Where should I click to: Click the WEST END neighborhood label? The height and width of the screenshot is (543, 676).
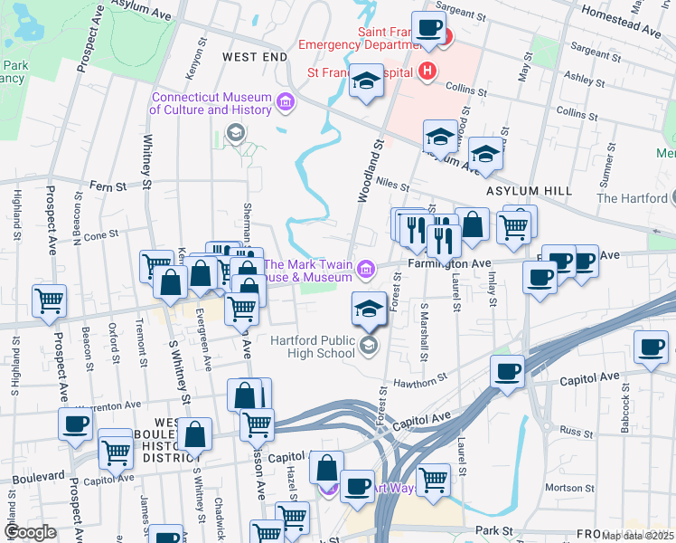click(254, 56)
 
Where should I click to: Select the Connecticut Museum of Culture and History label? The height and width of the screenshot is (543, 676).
click(211, 103)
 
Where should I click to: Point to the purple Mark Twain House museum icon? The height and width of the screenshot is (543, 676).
click(365, 268)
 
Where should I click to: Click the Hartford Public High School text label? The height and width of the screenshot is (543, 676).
click(313, 347)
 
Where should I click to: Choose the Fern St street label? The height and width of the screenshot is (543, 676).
click(108, 186)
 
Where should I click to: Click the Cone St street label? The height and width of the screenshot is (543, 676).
click(101, 234)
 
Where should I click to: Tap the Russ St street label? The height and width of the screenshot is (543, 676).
click(575, 431)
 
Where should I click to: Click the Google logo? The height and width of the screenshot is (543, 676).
click(30, 532)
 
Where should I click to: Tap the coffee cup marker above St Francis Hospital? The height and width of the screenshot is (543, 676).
click(428, 28)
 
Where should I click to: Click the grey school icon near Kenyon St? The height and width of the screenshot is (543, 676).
click(235, 135)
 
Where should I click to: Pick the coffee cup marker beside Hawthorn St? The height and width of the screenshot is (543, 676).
click(507, 371)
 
